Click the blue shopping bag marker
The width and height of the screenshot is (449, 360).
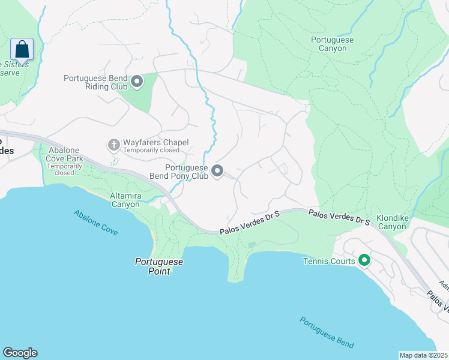(22, 49)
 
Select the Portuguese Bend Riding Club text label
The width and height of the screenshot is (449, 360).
(96, 82)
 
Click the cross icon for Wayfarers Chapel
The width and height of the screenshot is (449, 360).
(113, 145)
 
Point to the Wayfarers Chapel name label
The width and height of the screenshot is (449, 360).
(155, 142)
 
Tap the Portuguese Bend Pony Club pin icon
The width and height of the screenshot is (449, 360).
(217, 172)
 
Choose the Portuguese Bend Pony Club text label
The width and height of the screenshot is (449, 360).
(186, 172)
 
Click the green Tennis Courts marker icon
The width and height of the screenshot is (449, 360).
(364, 260)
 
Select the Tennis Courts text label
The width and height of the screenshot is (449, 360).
(330, 261)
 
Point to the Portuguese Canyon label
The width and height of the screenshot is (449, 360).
(333, 44)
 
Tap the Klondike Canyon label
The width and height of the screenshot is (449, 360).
(391, 222)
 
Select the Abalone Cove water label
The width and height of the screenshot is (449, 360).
(95, 223)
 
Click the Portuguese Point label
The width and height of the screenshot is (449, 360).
(158, 266)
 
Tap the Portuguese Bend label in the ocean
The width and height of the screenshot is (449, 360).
(327, 332)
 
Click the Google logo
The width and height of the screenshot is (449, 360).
(20, 353)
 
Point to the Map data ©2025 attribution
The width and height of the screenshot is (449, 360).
(423, 355)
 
